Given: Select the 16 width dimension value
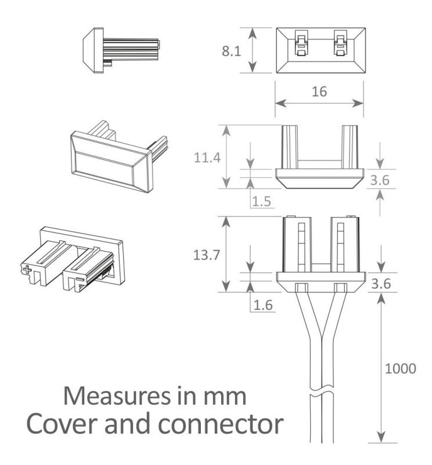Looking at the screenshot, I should tap(319, 91).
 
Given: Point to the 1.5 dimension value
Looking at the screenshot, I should tap(262, 202).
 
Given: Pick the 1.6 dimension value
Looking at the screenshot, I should tap(262, 304).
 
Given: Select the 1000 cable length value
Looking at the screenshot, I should tap(401, 369).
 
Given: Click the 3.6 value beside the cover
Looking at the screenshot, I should tap(380, 180).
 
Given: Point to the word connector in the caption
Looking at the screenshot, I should tap(228, 425).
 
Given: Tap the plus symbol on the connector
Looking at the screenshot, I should tap(26, 270).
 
